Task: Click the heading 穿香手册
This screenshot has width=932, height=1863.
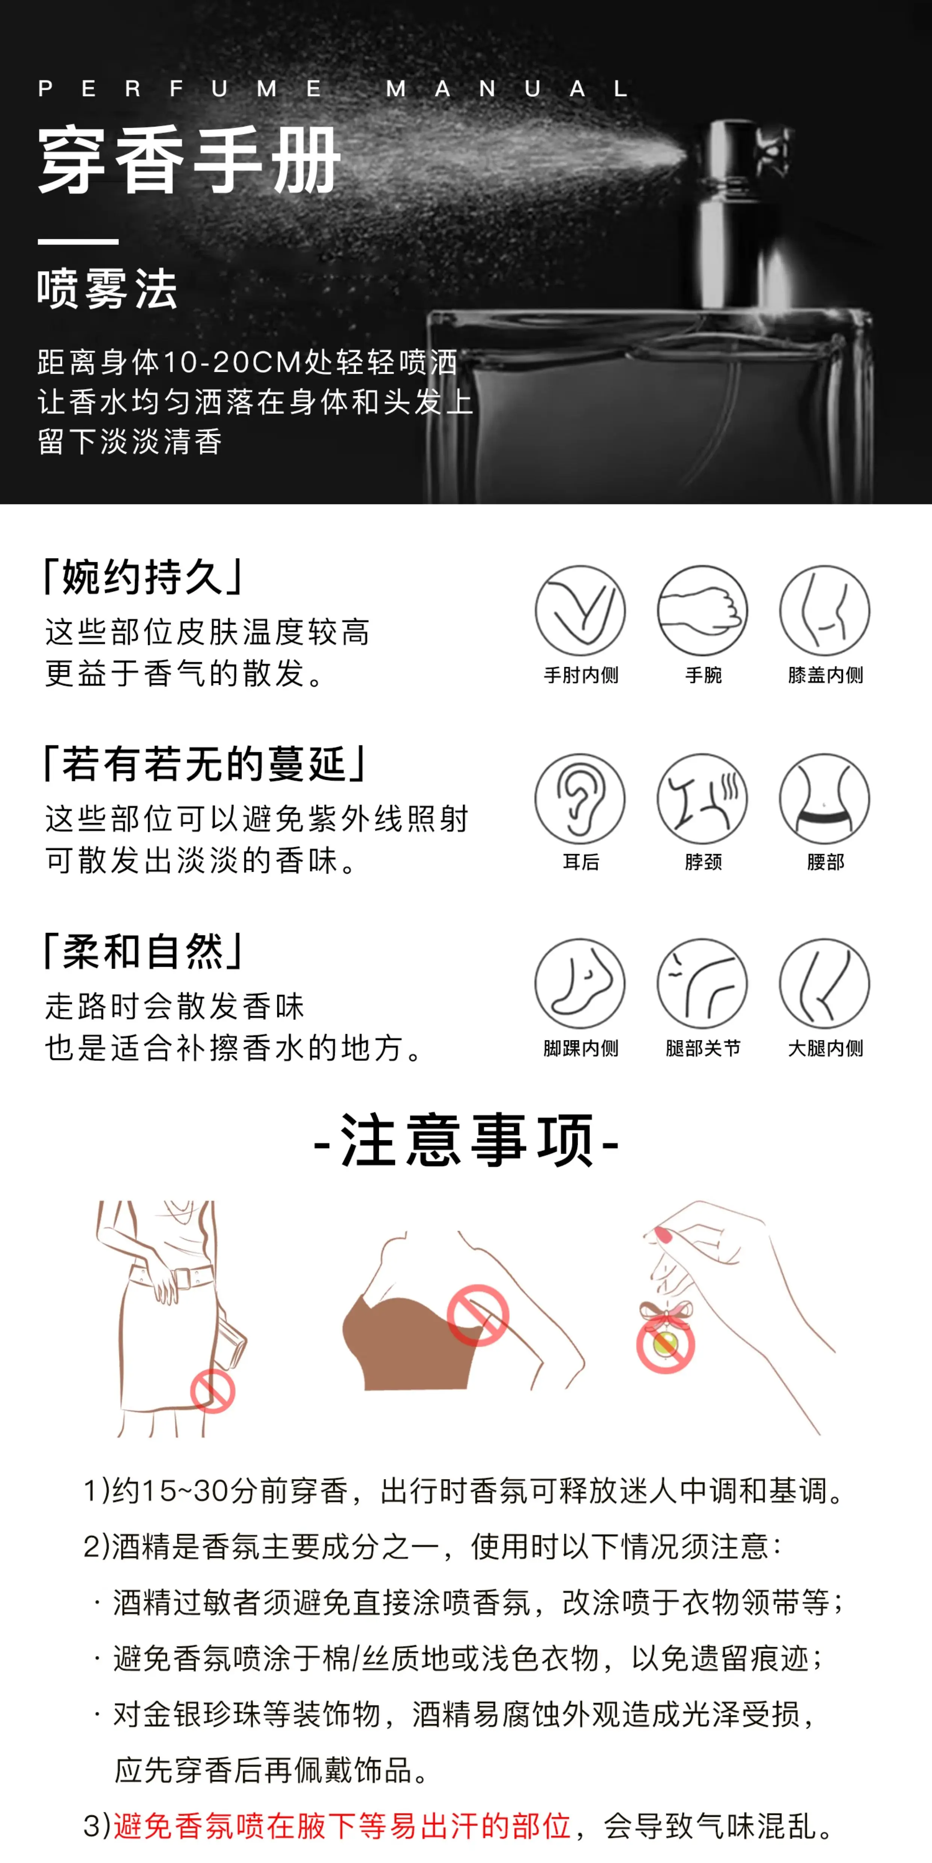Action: tap(189, 160)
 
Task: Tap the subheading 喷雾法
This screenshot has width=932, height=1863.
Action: tap(107, 289)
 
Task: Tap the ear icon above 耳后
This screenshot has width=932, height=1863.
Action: tap(580, 799)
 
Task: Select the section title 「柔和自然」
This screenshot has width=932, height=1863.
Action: tap(143, 951)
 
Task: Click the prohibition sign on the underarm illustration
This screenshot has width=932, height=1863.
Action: tap(478, 1315)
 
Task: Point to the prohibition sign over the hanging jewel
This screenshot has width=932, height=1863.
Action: tap(666, 1344)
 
